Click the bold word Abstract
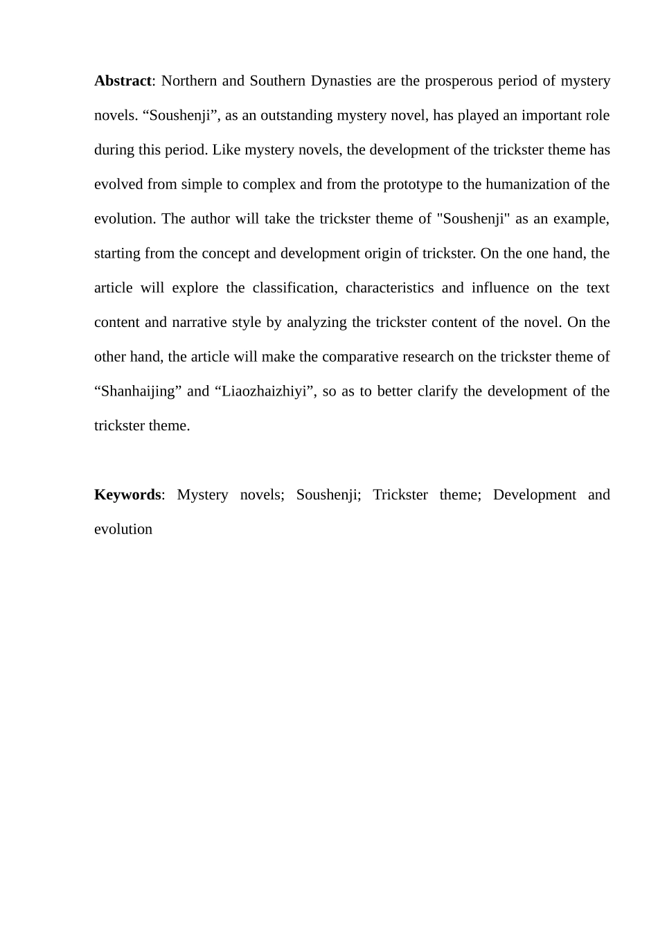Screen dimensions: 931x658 122,81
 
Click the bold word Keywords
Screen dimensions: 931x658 127,495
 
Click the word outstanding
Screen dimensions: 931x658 296,116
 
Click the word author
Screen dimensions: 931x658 210,219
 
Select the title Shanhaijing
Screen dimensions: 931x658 138,391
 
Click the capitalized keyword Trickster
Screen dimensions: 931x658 400,495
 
